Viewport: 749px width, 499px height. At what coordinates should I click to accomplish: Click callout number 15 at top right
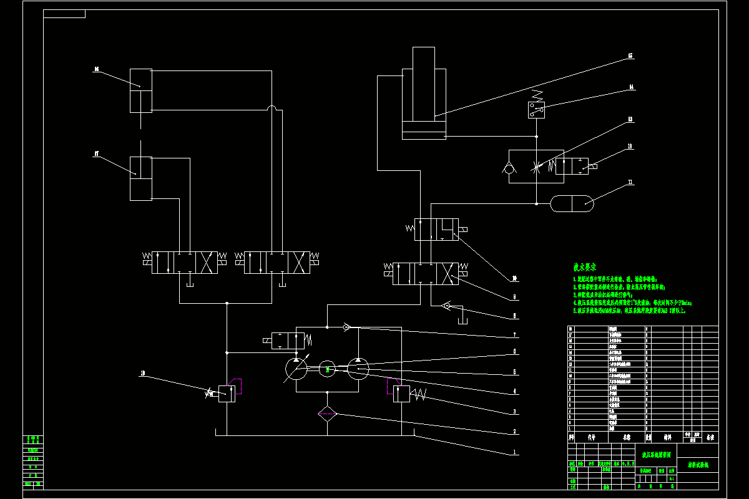630,56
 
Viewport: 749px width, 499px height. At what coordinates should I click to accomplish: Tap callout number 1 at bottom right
514,452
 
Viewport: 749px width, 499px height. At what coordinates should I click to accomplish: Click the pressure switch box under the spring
536,110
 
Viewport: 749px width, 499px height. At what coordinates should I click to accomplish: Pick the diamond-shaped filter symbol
328,415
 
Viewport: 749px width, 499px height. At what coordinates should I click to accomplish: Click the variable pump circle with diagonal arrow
296,369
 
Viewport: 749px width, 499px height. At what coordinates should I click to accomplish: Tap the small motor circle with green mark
327,369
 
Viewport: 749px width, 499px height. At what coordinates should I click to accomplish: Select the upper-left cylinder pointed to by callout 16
140,91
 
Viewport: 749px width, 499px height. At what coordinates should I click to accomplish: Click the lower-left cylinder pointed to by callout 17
140,178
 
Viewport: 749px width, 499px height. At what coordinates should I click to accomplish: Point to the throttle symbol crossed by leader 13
536,166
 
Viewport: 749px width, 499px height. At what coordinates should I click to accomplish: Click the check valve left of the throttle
509,167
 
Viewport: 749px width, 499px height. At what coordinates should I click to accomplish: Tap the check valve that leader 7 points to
346,326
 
